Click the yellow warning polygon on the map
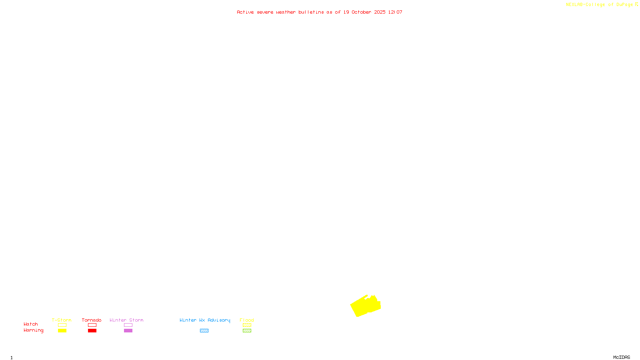(365, 306)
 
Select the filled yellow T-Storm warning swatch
(62, 331)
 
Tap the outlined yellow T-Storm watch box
(62, 325)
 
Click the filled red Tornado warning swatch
(92, 331)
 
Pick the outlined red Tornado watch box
(92, 325)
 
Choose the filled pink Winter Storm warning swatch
(128, 331)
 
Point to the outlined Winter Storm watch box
(128, 325)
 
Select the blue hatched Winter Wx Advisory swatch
(204, 331)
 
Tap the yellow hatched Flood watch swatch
(247, 325)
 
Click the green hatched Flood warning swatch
(247, 331)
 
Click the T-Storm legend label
(62, 320)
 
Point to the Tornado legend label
(92, 320)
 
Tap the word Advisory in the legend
(219, 320)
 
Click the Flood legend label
(247, 320)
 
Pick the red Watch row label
(31, 324)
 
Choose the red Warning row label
(34, 330)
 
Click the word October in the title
(361, 12)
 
